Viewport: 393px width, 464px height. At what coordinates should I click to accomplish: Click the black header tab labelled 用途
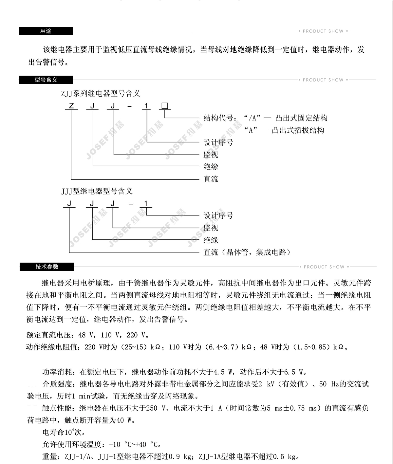pyautogui.click(x=46, y=31)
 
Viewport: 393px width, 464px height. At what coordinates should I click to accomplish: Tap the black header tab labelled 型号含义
pyautogui.click(x=46, y=80)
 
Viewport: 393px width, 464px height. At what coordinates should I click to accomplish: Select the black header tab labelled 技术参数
pyautogui.click(x=47, y=267)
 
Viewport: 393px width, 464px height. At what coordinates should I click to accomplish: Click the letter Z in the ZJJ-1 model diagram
pyautogui.click(x=71, y=106)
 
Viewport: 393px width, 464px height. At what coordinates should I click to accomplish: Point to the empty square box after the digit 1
pyautogui.click(x=165, y=106)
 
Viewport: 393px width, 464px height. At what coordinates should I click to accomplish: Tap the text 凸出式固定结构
pyautogui.click(x=301, y=118)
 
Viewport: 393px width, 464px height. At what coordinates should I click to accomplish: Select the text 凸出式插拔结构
pyautogui.click(x=298, y=130)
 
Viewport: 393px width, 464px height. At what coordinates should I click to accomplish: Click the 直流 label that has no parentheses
pyautogui.click(x=211, y=179)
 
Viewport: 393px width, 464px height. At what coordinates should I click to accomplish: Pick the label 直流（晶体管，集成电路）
pyautogui.click(x=247, y=252)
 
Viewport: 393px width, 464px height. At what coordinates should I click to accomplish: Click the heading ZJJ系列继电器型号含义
pyautogui.click(x=101, y=93)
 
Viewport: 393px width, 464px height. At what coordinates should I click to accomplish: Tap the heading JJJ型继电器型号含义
pyautogui.click(x=97, y=191)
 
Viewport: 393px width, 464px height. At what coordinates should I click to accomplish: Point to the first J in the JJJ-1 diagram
pyautogui.click(x=69, y=204)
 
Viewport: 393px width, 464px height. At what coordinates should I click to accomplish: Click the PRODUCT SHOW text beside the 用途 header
pyautogui.click(x=323, y=31)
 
